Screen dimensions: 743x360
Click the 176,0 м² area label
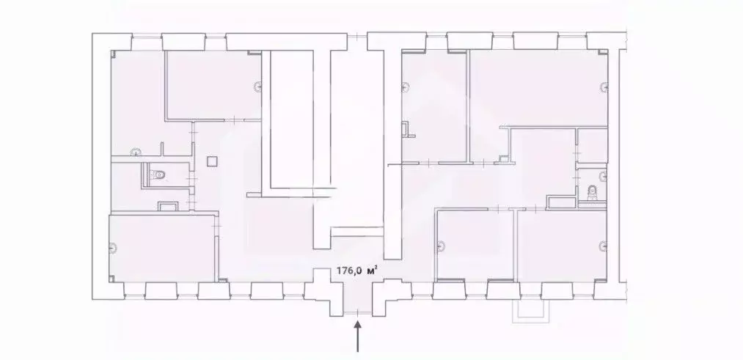pyautogui.click(x=356, y=271)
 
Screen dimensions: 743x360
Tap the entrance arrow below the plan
pyautogui.click(x=358, y=337)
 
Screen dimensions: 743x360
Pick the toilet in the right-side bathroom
pyautogui.click(x=591, y=194)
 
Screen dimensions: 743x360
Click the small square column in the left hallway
pyautogui.click(x=212, y=161)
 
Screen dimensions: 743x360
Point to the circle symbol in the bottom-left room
pyautogui.click(x=112, y=247)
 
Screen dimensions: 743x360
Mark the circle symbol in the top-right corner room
pyautogui.click(x=604, y=87)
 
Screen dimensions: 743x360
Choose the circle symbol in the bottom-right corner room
pyautogui.click(x=603, y=246)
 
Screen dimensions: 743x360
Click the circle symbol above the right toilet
pyautogui.click(x=603, y=177)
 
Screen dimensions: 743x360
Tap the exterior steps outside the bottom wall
pyautogui.click(x=531, y=310)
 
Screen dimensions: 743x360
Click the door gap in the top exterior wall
pyautogui.click(x=357, y=36)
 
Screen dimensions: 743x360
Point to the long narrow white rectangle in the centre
pyautogui.click(x=291, y=119)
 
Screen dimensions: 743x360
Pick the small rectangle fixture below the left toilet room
pyautogui.click(x=168, y=205)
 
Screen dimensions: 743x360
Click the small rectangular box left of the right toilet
pyautogui.click(x=561, y=203)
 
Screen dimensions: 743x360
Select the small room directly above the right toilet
pyautogui.click(x=593, y=146)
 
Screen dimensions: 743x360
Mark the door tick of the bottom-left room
pyautogui.click(x=218, y=227)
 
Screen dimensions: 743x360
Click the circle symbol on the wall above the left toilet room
pyautogui.click(x=136, y=153)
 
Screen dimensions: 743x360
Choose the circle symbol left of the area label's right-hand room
pyautogui.click(x=441, y=246)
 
